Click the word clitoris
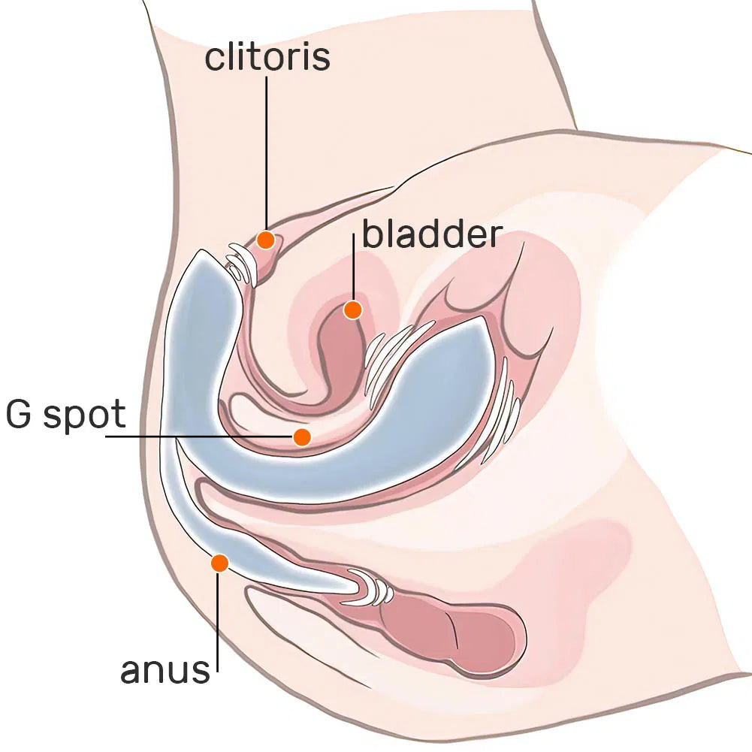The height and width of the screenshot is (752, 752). [x=267, y=56]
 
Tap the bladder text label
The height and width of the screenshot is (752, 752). [x=432, y=234]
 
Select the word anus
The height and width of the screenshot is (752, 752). [x=165, y=670]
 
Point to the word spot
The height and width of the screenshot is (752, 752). [x=84, y=415]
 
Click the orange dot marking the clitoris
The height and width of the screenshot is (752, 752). [x=265, y=240]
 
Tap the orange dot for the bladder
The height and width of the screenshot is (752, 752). [x=352, y=310]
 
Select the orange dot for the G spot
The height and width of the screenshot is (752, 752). [x=302, y=437]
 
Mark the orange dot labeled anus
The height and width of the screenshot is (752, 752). [x=219, y=563]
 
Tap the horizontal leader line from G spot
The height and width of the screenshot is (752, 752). [x=199, y=436]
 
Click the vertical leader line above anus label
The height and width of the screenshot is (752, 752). [x=218, y=622]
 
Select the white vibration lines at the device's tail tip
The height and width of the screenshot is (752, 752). [x=372, y=587]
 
